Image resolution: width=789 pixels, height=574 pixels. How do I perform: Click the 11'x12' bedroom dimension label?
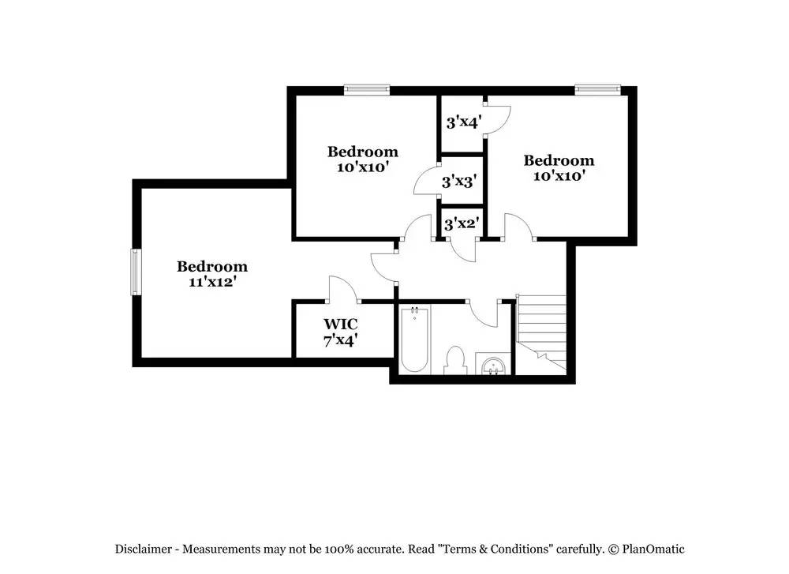click(212, 281)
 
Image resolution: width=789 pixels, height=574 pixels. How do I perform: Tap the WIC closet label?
click(340, 324)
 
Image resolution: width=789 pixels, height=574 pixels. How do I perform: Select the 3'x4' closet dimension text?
click(463, 122)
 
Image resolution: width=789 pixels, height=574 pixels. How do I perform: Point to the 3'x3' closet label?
click(458, 182)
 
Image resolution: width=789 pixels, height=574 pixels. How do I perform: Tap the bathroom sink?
click(494, 365)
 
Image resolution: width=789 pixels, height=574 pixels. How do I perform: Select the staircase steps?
click(542, 328)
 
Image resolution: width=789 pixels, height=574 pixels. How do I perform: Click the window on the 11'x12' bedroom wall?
click(135, 272)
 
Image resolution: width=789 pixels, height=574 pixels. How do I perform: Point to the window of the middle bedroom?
click(367, 90)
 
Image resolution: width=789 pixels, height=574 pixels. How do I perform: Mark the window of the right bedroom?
click(597, 90)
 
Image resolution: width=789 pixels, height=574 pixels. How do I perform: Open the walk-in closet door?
click(342, 288)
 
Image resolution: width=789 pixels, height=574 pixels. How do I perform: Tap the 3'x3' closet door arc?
click(425, 181)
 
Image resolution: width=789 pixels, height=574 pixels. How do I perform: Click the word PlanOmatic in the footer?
click(653, 549)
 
